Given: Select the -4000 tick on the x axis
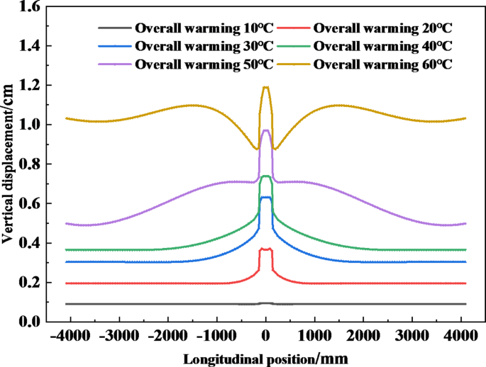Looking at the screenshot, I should (x=67, y=336).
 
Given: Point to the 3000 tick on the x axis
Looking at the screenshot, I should (x=414, y=336).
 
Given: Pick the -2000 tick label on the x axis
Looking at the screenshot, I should (x=166, y=336).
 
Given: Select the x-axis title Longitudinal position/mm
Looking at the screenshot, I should (x=266, y=358).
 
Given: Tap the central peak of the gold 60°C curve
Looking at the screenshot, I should (x=266, y=87).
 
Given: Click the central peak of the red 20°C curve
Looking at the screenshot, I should (x=266, y=249).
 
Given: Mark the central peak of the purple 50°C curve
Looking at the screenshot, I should (x=266, y=130).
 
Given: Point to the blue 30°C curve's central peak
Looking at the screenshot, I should (x=266, y=198).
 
